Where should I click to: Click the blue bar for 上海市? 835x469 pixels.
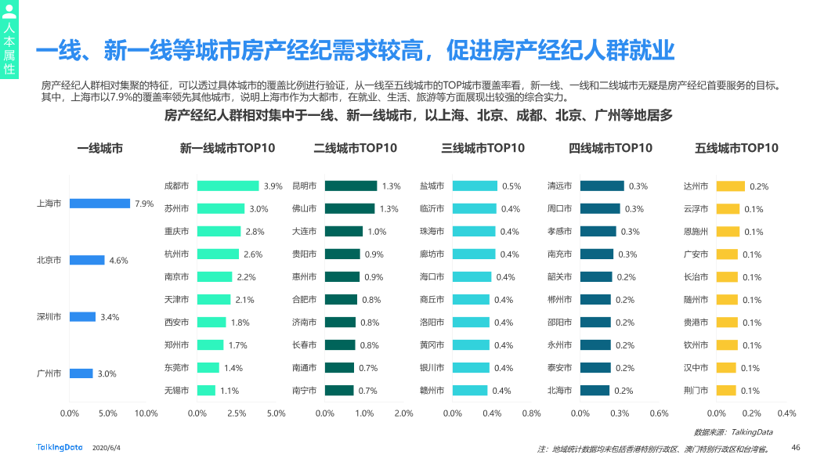[99, 204]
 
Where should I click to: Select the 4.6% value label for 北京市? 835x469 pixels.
[118, 261]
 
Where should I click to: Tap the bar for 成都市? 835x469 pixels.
[228, 186]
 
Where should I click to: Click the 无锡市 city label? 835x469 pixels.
[176, 391]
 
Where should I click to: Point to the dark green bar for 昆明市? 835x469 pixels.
[350, 186]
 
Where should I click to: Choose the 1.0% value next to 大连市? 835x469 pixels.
[377, 232]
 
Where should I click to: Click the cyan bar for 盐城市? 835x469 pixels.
[475, 186]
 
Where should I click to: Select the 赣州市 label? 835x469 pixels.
[432, 391]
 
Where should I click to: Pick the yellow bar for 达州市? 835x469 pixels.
[730, 186]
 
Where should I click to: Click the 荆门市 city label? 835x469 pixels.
[696, 391]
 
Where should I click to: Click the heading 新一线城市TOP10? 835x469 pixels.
[227, 148]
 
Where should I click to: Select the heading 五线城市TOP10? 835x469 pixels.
[736, 148]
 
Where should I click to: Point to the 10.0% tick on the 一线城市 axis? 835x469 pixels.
[146, 413]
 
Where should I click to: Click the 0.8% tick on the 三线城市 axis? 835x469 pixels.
[531, 413]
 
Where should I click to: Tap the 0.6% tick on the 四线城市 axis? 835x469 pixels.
[659, 413]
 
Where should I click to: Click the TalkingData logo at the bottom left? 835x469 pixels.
[60, 447]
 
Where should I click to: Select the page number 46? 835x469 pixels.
[796, 448]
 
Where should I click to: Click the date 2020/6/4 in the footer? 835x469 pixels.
[107, 448]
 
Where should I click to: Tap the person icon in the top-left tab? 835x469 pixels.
[9, 11]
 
